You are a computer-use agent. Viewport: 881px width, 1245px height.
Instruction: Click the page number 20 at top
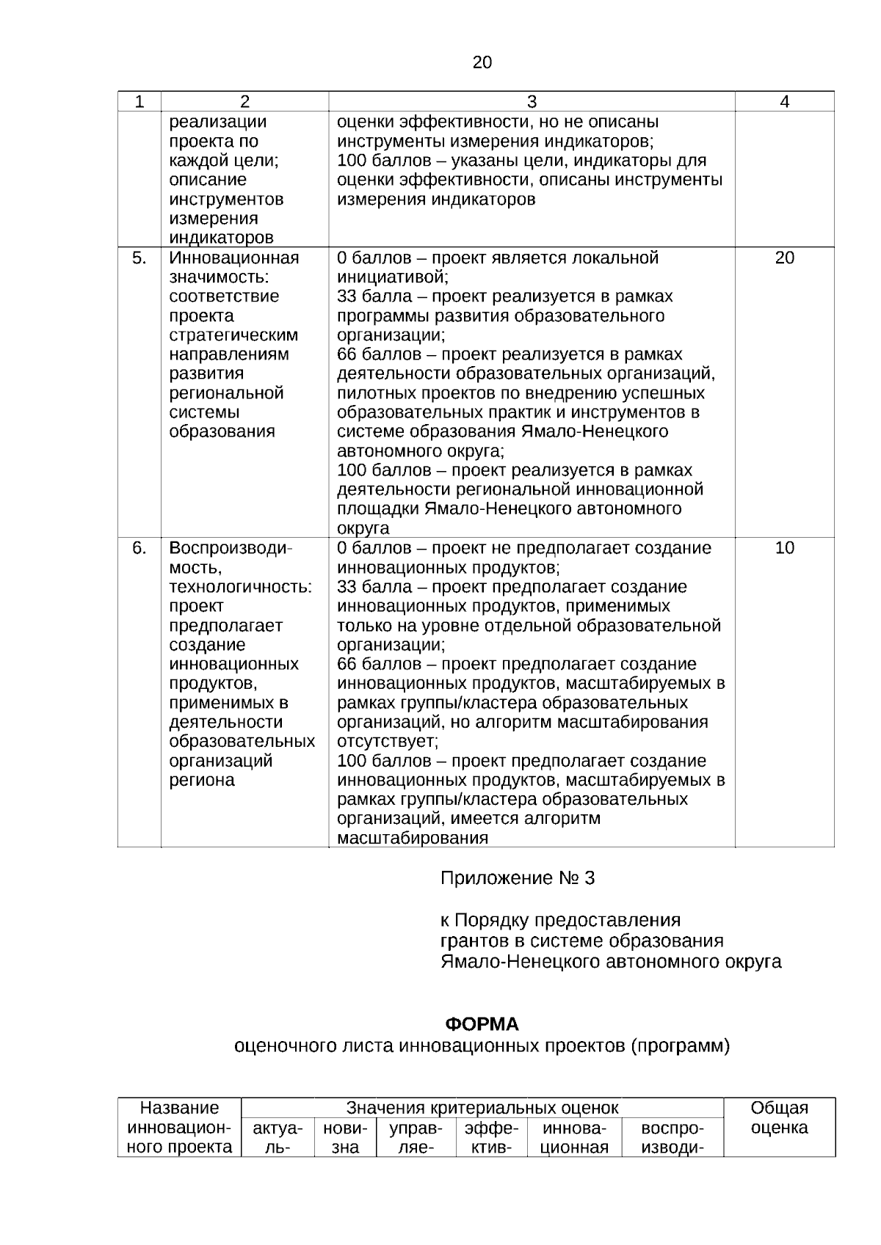pos(482,63)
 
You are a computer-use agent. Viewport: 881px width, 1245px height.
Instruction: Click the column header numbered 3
pos(532,102)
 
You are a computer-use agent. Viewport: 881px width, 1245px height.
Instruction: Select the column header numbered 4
pos(784,102)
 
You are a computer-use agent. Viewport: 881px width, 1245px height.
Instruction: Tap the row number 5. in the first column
pos(139,258)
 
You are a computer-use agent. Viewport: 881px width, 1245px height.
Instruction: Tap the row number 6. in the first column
pos(139,548)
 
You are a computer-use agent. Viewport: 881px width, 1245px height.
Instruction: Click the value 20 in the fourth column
pos(784,258)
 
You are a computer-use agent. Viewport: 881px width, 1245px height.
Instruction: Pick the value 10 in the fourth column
pos(784,548)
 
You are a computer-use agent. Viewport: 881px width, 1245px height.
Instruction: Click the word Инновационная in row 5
pos(234,258)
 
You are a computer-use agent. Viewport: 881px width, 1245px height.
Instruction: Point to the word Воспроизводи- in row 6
pos(231,548)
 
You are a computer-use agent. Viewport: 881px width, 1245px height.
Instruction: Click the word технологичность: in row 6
pos(241,587)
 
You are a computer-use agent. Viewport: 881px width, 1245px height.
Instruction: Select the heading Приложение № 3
pos(517,878)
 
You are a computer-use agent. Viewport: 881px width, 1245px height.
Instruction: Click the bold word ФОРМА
pos(482,1024)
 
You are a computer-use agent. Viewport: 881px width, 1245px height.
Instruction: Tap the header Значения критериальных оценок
pos(482,1108)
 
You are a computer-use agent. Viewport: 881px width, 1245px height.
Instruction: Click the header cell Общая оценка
pos(780,1118)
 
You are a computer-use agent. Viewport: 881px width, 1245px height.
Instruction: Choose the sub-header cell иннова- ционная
pos(574,1138)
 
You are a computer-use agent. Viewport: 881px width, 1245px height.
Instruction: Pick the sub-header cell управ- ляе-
pos(416,1138)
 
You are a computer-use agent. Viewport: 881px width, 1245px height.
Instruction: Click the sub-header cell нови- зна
pos(345,1138)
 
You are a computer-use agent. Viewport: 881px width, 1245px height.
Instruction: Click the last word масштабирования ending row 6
pos(413,838)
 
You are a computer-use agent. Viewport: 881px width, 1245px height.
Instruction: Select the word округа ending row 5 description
pos(363,528)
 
